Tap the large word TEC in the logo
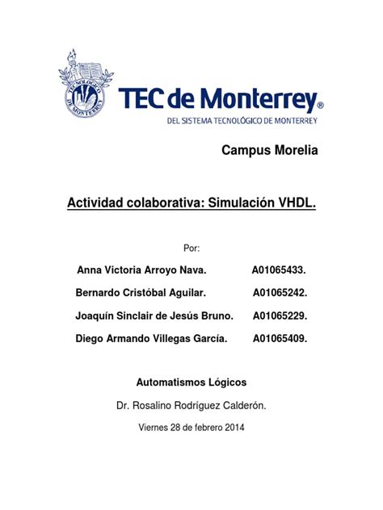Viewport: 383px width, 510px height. tap(146, 100)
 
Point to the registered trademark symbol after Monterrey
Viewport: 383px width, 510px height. tap(320, 106)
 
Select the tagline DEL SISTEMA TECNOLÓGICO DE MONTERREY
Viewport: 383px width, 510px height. tap(242, 121)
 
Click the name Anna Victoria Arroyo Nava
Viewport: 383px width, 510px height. tap(141, 269)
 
